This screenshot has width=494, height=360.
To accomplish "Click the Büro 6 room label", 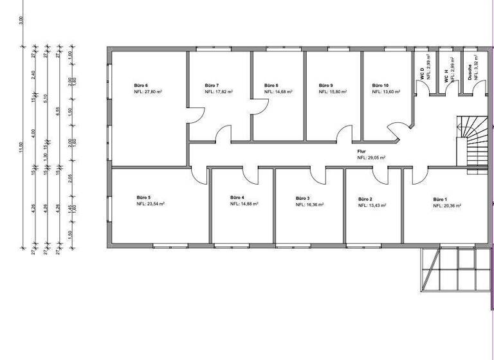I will click(x=141, y=85).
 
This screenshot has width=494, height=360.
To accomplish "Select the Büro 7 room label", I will click(x=212, y=85).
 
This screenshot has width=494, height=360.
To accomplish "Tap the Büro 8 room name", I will click(x=271, y=85).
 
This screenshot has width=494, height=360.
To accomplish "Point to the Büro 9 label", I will click(x=325, y=85).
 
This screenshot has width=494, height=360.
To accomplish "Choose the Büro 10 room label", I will click(x=380, y=85).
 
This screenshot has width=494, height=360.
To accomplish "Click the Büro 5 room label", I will click(x=143, y=197).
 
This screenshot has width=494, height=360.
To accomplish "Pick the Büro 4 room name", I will click(x=237, y=197).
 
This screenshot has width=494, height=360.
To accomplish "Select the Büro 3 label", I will click(x=303, y=198).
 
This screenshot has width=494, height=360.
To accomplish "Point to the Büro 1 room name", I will click(x=440, y=199).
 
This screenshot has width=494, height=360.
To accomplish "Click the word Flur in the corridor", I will click(x=361, y=152).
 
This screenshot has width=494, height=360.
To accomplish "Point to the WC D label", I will click(x=422, y=75).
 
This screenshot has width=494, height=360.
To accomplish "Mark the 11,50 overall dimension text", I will click(x=21, y=147).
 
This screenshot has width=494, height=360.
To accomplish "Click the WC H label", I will click(x=446, y=75).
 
